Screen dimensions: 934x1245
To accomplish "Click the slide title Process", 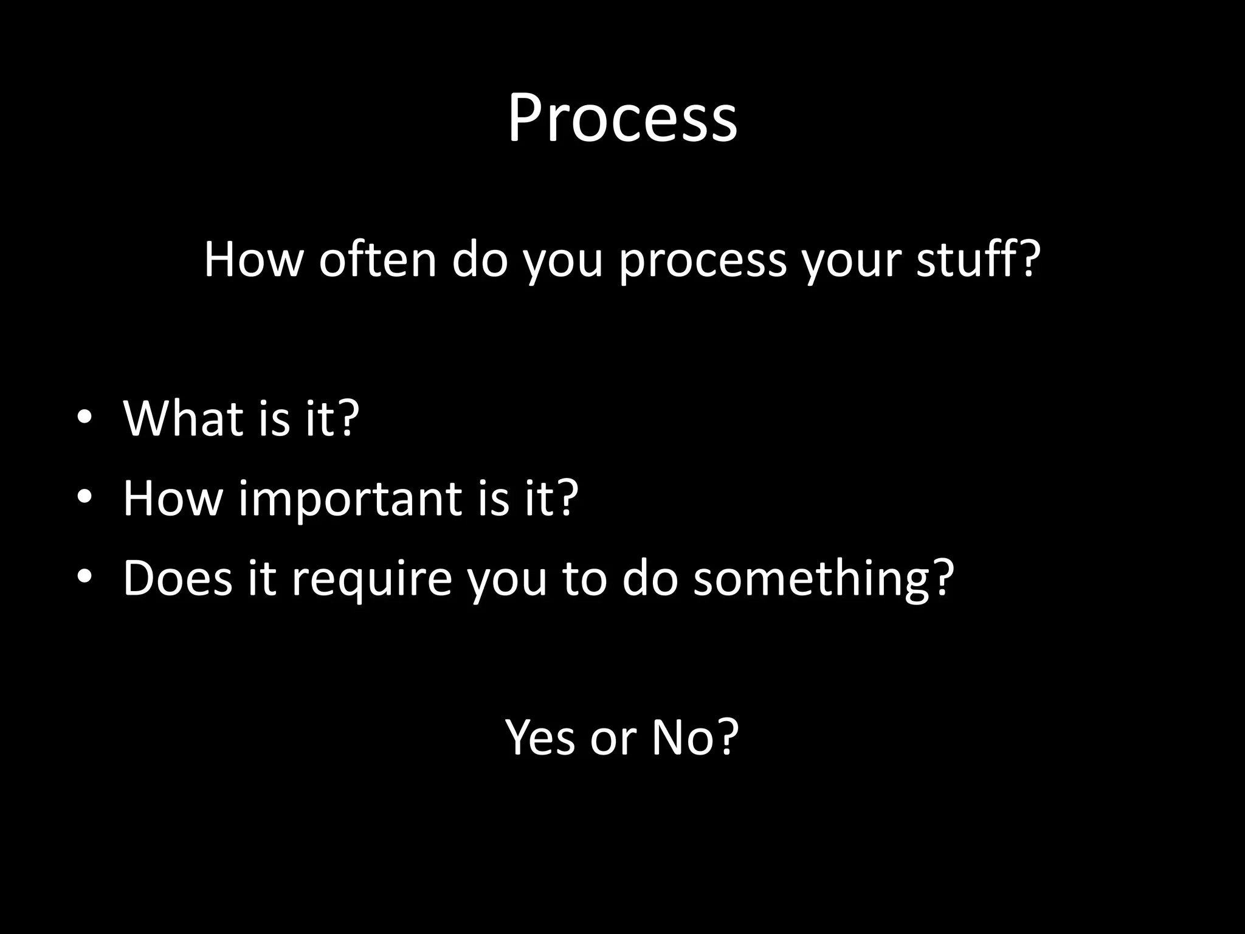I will coord(622,119).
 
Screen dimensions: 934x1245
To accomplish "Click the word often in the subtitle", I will coord(378,260).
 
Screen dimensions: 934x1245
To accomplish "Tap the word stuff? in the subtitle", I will coord(978,260).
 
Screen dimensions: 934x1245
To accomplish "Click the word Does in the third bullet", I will coord(177,578).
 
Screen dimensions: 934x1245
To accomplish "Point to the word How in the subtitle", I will coord(253,260).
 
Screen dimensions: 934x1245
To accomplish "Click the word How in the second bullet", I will coord(173,498).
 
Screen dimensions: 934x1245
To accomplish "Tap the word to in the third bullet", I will coord(584,578).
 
